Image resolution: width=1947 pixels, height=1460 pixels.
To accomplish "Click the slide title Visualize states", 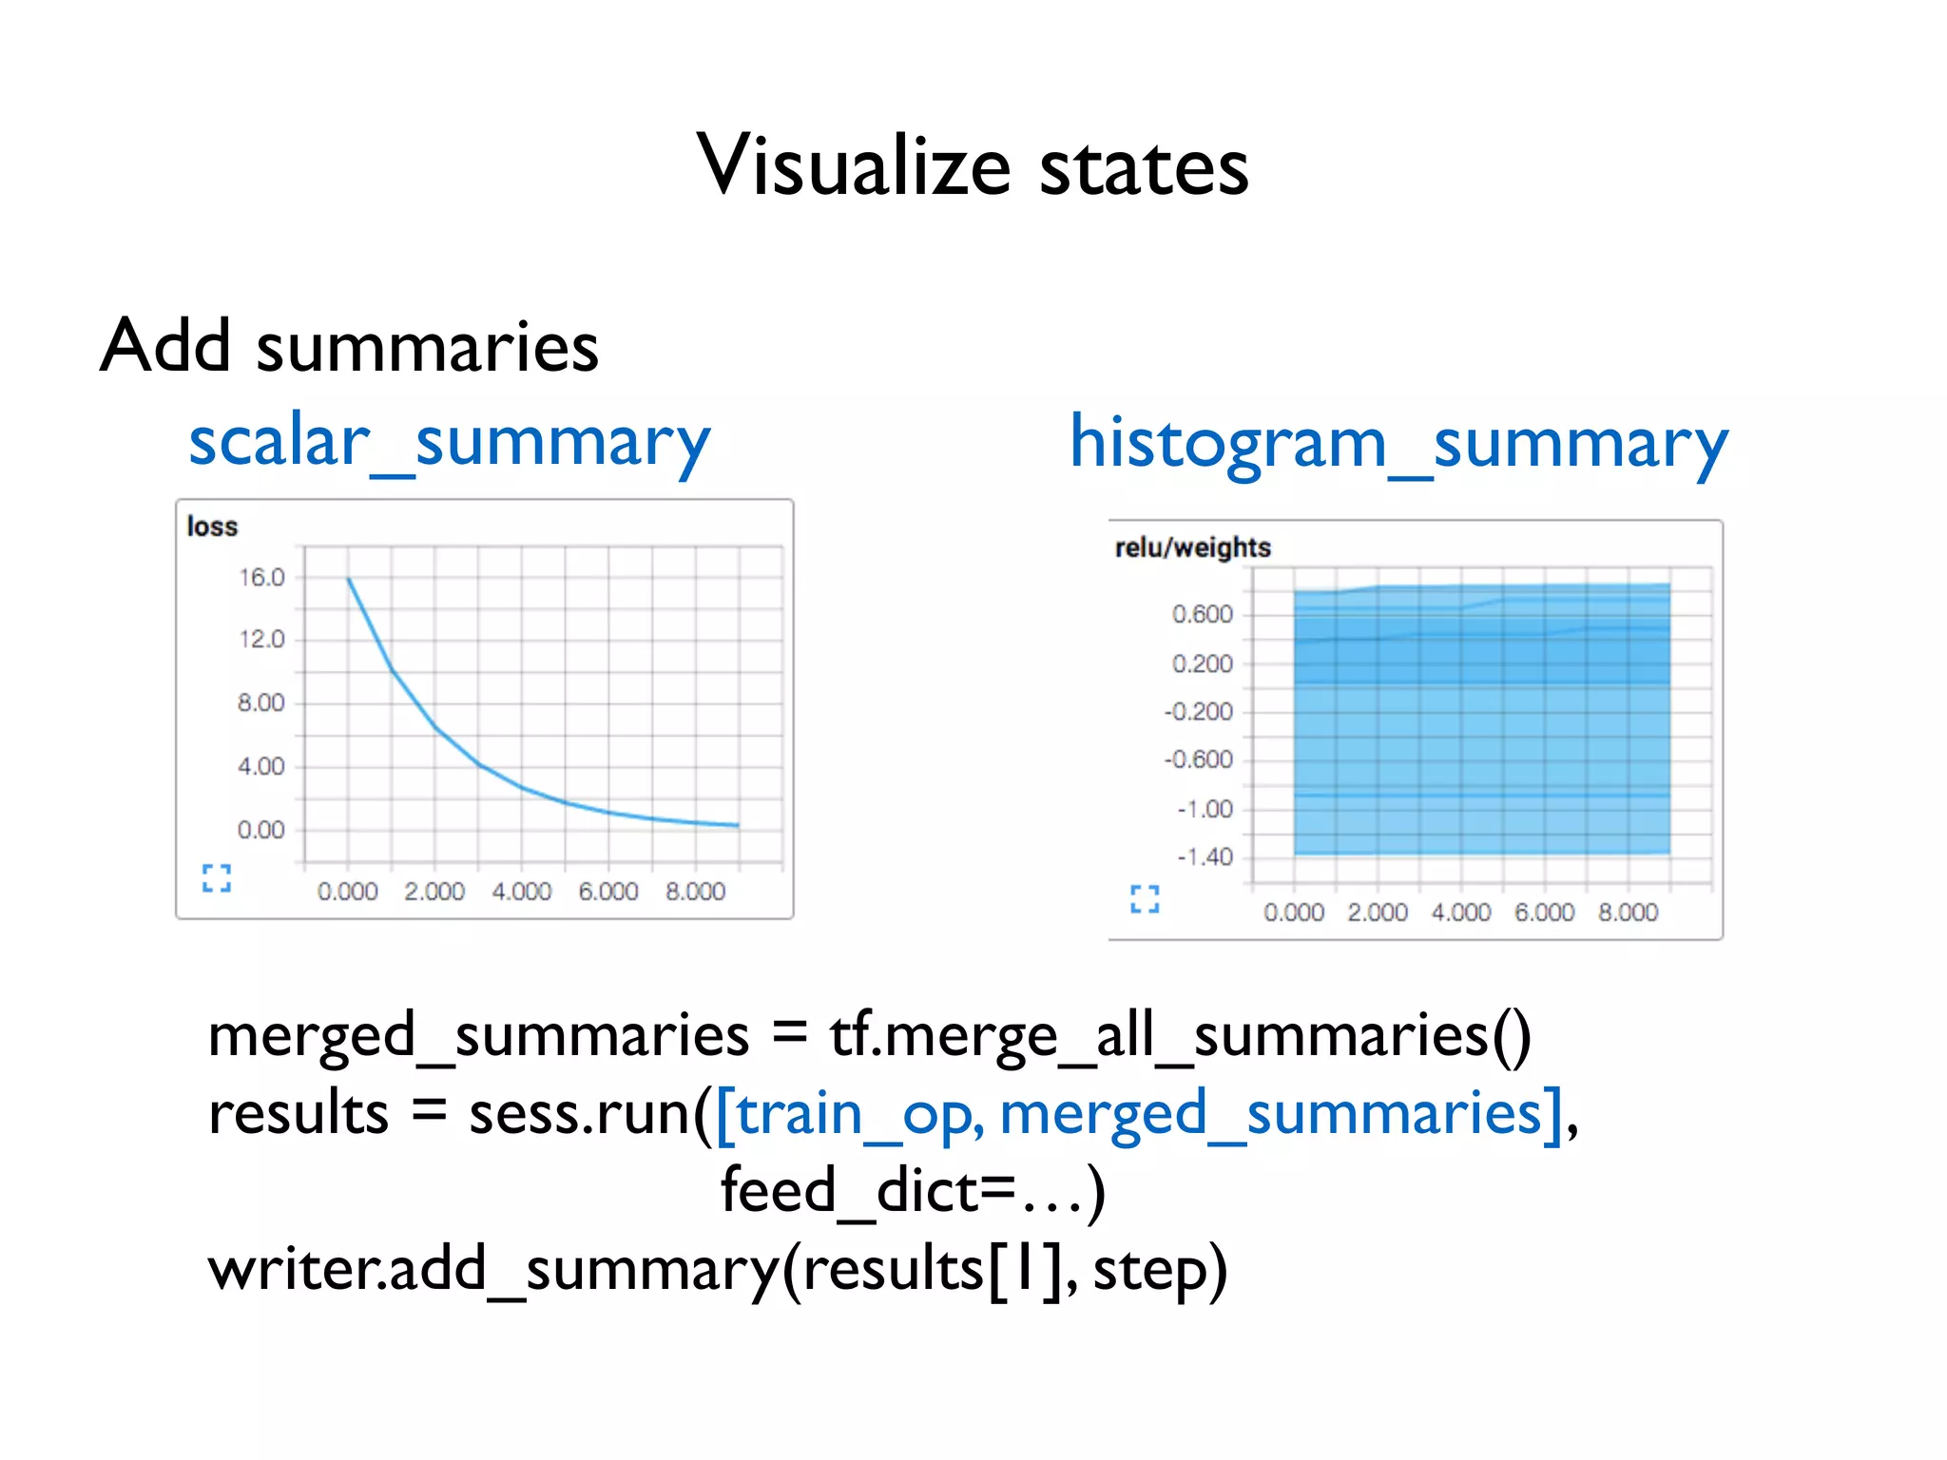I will [972, 166].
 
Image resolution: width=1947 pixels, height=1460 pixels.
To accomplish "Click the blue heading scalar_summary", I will [449, 443].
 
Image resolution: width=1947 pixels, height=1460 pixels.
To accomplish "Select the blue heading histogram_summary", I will [1398, 445].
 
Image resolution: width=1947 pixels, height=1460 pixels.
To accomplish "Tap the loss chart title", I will [212, 527].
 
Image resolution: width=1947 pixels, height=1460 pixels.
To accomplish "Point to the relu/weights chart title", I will [1192, 547].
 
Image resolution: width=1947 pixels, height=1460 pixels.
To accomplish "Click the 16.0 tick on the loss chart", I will [261, 578].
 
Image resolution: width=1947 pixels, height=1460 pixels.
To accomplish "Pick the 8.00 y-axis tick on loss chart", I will [261, 703].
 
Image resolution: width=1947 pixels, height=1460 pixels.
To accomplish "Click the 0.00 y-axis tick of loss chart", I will [261, 831].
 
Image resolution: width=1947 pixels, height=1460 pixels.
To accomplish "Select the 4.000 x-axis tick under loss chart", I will [521, 892].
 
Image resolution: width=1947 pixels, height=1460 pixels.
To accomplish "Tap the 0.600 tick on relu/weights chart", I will [1202, 615].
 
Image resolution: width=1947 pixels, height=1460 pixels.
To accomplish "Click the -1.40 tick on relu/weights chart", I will [1205, 857].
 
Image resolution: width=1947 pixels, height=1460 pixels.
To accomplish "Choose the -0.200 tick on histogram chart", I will [1199, 712].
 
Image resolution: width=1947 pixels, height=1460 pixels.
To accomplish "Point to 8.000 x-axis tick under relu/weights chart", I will [1628, 912].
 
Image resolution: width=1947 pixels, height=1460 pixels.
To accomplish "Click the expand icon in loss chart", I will [217, 877].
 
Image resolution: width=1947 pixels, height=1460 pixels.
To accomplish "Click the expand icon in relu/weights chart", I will [1145, 898].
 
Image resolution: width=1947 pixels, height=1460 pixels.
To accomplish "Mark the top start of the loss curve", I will [349, 579].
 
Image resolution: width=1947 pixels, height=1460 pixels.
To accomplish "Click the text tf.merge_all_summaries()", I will [1180, 1036].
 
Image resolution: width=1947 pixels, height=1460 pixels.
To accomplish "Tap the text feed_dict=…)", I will [913, 1191].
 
